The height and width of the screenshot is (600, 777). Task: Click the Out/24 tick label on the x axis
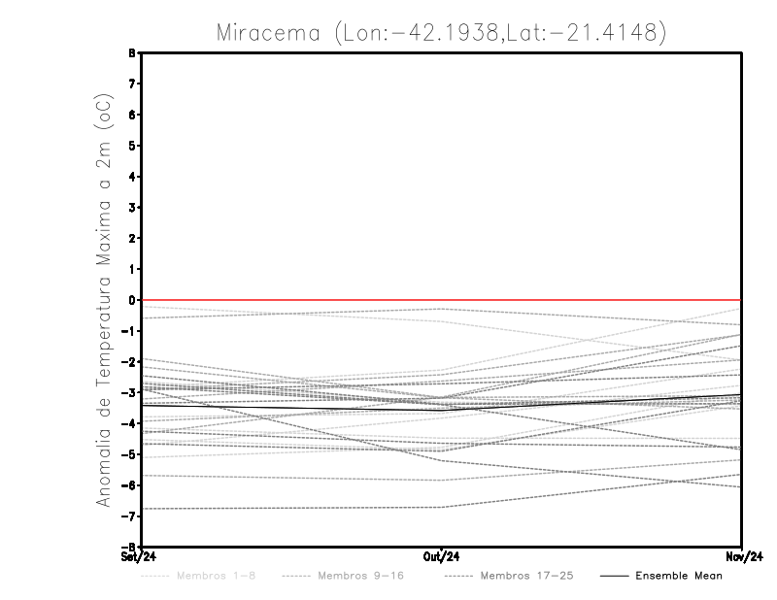click(442, 556)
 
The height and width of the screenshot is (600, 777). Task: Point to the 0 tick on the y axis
click(132, 300)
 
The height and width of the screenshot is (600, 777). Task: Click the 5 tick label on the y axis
click(132, 146)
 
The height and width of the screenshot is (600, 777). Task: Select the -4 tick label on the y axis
click(129, 423)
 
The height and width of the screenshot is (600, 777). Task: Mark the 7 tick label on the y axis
click(132, 83)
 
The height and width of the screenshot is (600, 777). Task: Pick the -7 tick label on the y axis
click(129, 516)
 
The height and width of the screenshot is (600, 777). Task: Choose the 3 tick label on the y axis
click(132, 208)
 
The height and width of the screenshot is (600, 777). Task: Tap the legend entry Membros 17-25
click(526, 576)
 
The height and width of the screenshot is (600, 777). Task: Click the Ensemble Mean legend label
click(678, 576)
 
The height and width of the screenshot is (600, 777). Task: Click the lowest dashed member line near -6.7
click(291, 508)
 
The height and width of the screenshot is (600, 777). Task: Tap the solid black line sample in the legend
click(613, 576)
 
